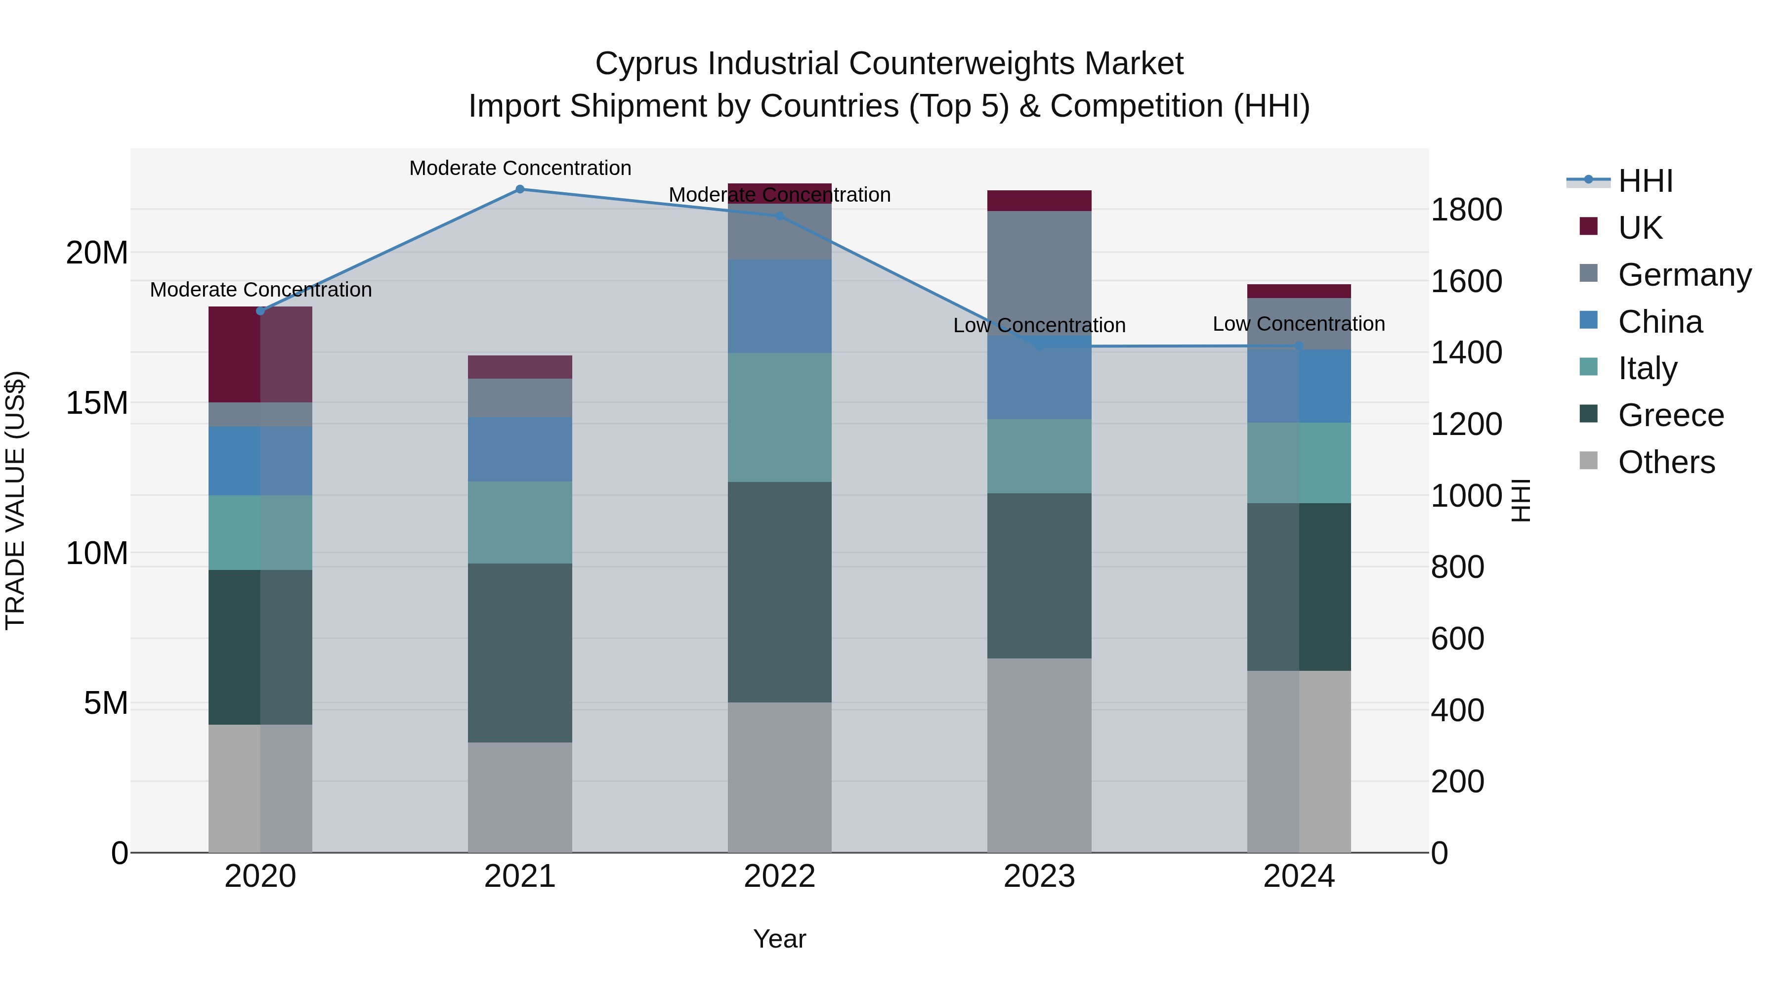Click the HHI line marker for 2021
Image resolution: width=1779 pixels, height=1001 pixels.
point(520,189)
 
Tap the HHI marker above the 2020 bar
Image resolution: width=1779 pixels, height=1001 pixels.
point(260,311)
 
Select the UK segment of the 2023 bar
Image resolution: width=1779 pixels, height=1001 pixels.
point(1039,200)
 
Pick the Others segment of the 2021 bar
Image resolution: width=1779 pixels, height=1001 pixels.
point(520,797)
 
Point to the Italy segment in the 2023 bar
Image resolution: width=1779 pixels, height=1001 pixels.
point(1039,456)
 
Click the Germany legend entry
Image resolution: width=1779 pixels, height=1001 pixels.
point(1684,275)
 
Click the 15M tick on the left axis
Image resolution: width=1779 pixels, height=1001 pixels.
point(97,403)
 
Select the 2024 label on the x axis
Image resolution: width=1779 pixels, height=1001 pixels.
point(1298,876)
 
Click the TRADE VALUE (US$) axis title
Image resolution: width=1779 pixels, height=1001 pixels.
point(16,500)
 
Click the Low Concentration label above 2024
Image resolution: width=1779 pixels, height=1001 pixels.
point(1298,323)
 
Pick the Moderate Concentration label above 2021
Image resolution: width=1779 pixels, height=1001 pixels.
point(520,168)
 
